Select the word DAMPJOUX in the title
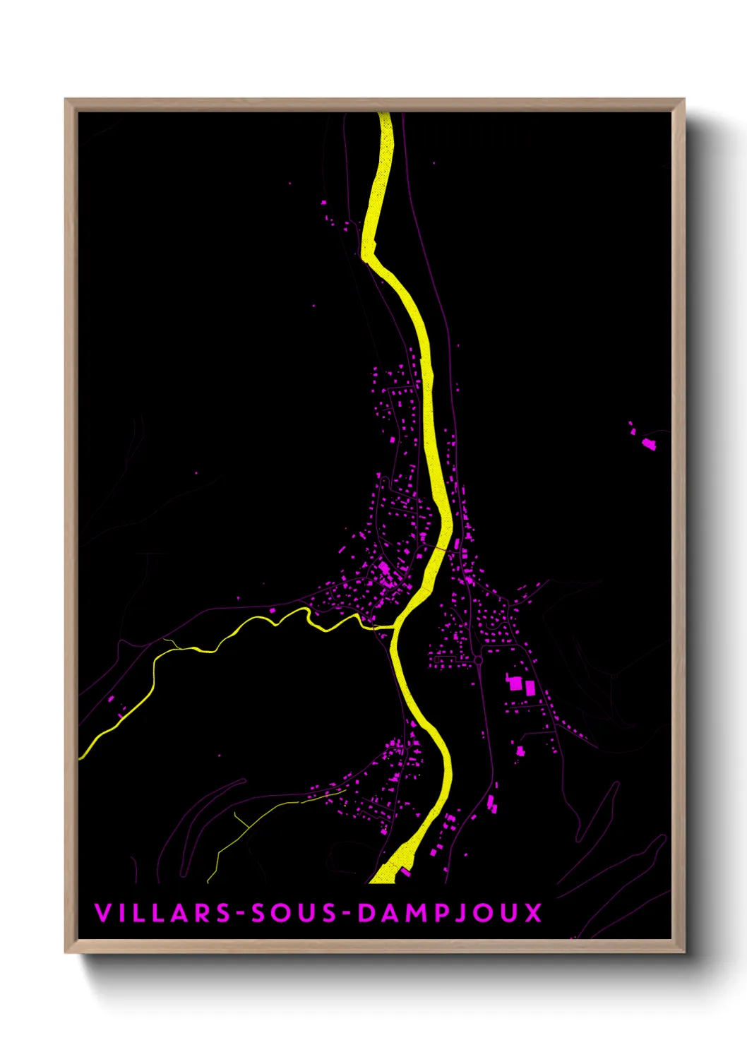(x=450, y=912)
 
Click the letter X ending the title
(x=534, y=912)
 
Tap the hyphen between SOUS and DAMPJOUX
(x=347, y=913)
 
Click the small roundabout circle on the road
(x=478, y=660)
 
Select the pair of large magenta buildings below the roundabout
(x=521, y=684)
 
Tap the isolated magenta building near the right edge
(x=649, y=443)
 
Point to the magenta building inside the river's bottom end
(x=405, y=873)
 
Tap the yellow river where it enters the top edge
(x=385, y=115)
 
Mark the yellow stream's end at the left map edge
(x=81, y=757)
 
